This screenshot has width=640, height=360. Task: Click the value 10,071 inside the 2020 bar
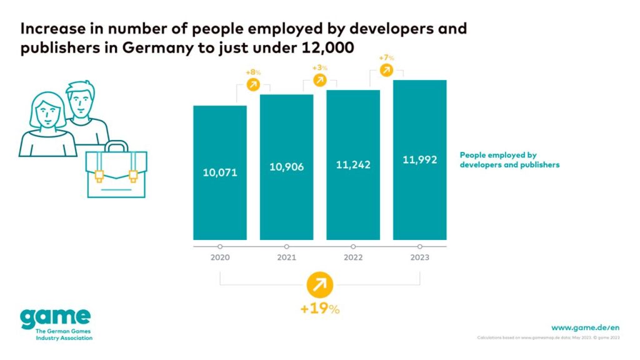[220, 172]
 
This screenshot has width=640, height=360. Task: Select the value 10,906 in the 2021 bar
[286, 167]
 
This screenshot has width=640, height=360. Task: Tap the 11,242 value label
[353, 164]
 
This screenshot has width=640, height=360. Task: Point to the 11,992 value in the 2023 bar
[419, 159]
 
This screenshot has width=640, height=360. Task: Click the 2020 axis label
[220, 258]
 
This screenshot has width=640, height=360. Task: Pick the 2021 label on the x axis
[286, 258]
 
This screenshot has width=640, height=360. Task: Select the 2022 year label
[353, 258]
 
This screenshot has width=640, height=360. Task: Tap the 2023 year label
[419, 258]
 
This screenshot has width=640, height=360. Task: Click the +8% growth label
[253, 72]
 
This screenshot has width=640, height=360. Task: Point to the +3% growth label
[319, 67]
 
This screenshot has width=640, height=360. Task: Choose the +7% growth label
[386, 58]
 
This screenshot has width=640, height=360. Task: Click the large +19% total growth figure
[319, 309]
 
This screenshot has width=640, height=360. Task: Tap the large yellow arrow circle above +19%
[319, 285]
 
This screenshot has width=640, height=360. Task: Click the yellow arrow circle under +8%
[253, 85]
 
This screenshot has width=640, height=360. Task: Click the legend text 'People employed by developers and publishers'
[509, 160]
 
